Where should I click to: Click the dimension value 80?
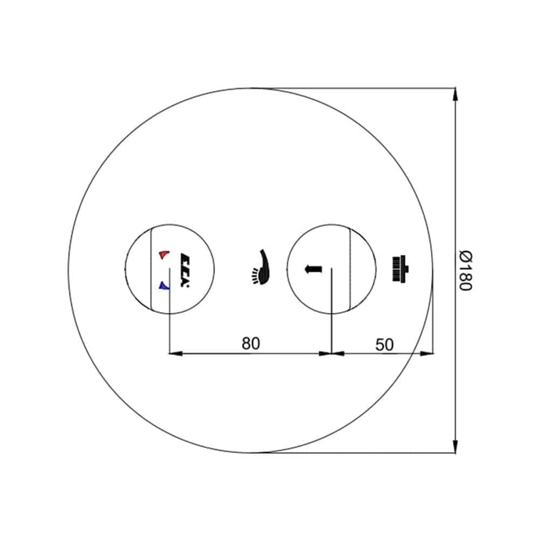[251, 343]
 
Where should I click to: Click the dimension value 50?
[384, 345]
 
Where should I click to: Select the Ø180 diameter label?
[466, 271]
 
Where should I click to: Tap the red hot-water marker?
[164, 255]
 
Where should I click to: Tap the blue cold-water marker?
[164, 285]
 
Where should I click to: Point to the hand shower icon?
[261, 267]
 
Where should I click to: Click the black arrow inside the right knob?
[314, 269]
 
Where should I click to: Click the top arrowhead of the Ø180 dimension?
[455, 94]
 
